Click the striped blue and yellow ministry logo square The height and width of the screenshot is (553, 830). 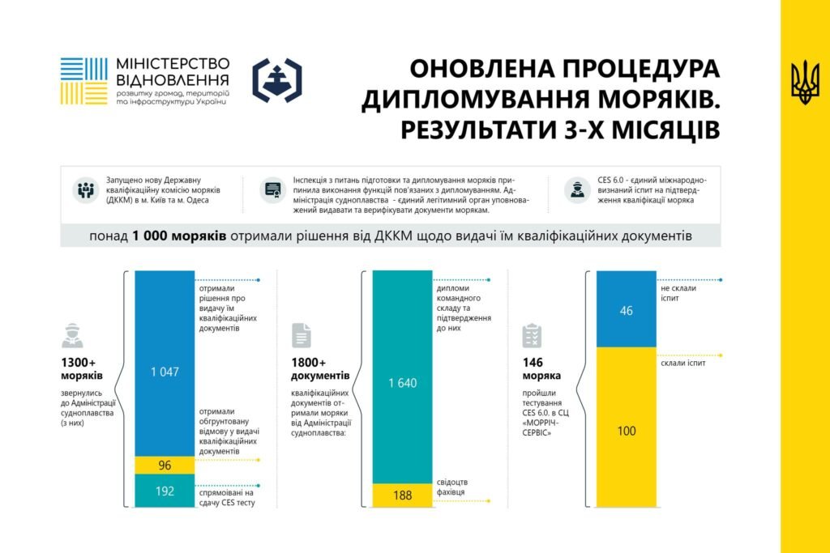pos(83,81)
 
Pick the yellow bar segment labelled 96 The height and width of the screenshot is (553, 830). pos(165,466)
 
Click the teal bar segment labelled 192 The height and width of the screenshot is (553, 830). pos(165,491)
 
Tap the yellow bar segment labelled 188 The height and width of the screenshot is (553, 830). pos(402,496)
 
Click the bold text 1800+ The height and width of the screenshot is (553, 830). pos(309,362)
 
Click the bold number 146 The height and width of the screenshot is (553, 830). pos(533,362)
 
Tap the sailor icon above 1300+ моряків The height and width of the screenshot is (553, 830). pos(72,334)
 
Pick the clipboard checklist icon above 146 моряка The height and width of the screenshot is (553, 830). pos(532,335)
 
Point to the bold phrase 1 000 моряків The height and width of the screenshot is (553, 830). pos(178,236)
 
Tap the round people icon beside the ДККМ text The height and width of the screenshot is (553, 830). pos(85,190)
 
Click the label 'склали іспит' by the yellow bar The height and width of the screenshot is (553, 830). pos(682,363)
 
